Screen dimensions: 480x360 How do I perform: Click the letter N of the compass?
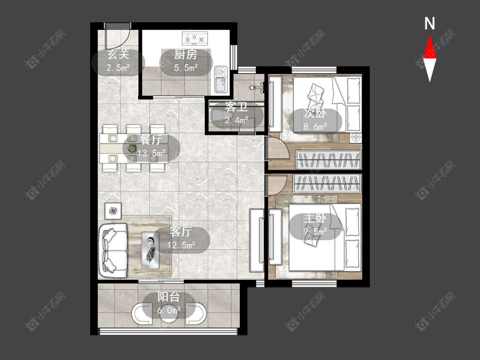point(430,23)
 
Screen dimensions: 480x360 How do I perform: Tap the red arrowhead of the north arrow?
point(430,47)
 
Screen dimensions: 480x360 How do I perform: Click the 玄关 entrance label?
point(118,55)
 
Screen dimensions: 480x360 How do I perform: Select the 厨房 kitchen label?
point(186,55)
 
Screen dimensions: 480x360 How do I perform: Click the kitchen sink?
point(221,79)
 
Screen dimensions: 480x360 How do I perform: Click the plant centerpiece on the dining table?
point(132,148)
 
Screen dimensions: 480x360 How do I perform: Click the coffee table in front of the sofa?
point(150,251)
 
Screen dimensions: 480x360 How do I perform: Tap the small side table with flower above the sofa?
point(113,211)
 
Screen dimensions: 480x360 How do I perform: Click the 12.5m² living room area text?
point(181,245)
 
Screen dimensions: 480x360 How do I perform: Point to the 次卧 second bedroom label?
point(315,113)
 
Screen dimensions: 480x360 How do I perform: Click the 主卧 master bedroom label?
point(315,218)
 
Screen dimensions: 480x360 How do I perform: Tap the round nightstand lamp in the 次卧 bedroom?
point(356,137)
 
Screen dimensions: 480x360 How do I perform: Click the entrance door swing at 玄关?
point(118,37)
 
